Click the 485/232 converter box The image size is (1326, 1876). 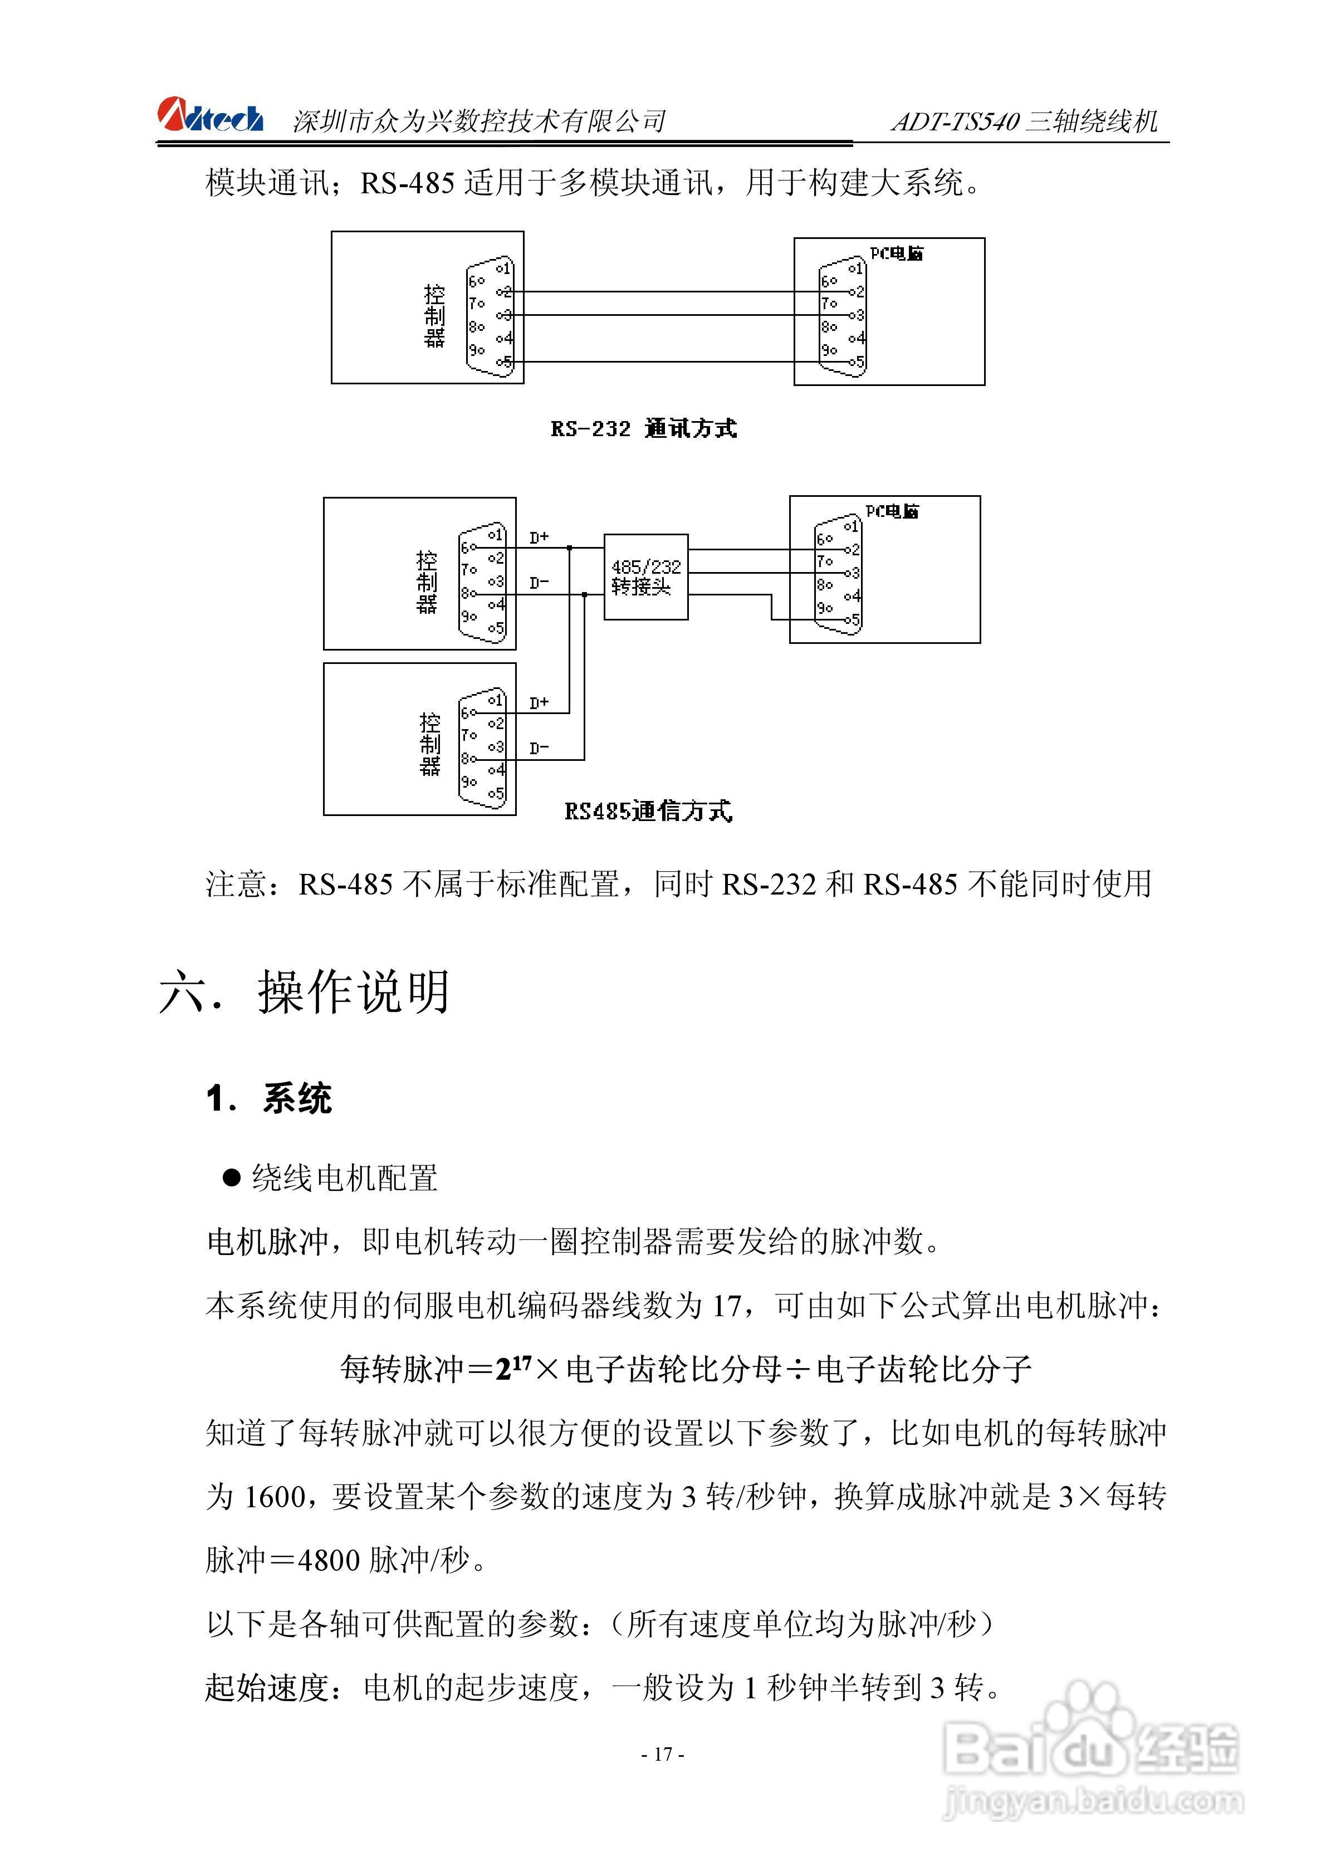(645, 577)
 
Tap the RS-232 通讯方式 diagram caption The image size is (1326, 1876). (644, 428)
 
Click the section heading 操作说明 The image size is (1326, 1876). (354, 992)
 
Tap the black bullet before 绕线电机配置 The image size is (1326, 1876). (232, 1178)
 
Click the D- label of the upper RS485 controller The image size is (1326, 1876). (539, 583)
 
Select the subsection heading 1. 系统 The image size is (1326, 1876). (269, 1098)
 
